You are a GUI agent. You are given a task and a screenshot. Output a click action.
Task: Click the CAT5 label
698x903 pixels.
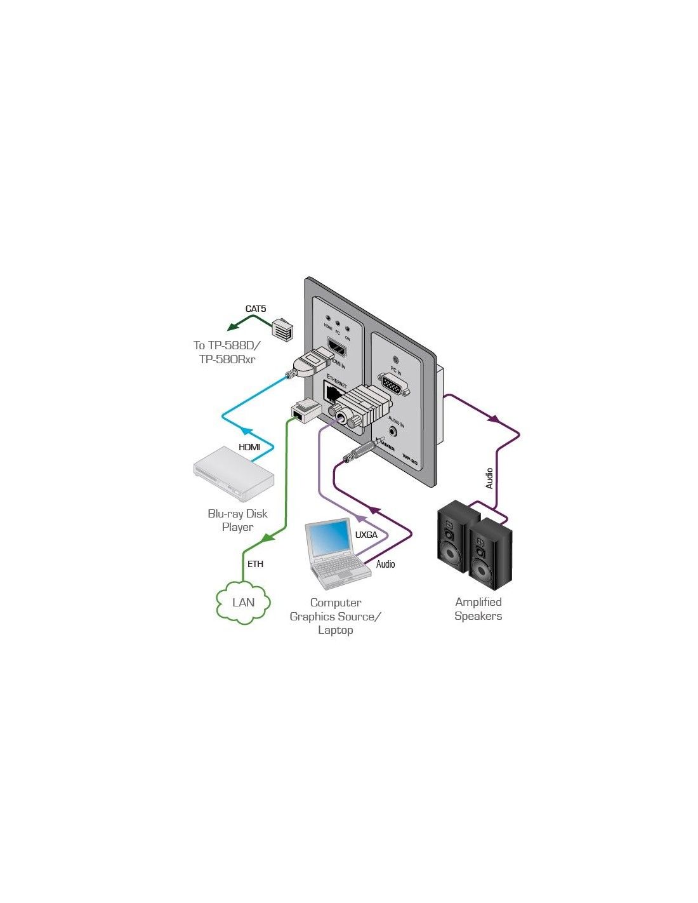click(256, 309)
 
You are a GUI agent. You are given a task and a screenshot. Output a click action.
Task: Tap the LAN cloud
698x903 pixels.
click(243, 603)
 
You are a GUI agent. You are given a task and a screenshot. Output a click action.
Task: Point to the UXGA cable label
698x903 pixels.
click(366, 535)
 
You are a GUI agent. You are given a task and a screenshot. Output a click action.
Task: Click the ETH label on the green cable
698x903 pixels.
click(255, 564)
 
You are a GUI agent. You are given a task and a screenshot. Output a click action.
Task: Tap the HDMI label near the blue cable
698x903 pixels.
click(249, 447)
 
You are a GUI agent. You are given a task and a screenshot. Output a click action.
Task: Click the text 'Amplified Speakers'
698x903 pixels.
click(478, 609)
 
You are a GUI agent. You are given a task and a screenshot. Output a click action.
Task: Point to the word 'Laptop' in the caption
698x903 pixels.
click(335, 630)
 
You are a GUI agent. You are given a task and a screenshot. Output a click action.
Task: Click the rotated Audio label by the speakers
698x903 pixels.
click(489, 478)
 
